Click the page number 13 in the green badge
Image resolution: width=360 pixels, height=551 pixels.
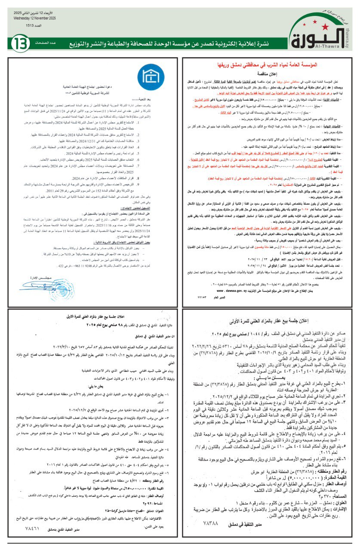coord(20,43)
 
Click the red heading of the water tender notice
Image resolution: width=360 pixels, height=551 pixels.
coord(267,64)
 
